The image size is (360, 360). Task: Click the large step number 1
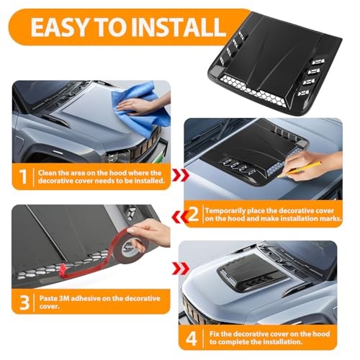point(23,176)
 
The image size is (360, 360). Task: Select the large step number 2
point(193,214)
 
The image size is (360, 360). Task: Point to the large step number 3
point(24,302)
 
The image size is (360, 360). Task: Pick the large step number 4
point(192,338)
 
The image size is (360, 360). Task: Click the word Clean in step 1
point(48,173)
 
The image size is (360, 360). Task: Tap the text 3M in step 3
point(64,298)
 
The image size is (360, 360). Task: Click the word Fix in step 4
point(215,334)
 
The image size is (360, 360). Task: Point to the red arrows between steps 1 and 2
point(181,175)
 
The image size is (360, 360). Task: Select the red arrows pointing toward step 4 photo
point(181,268)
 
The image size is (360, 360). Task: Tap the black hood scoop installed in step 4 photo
point(254,272)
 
